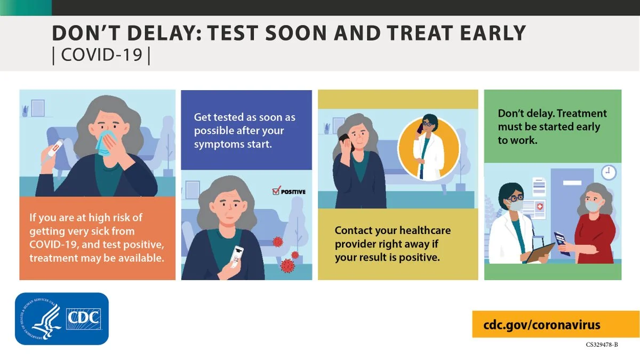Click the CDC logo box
[x=62, y=318]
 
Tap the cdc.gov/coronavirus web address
[x=542, y=325]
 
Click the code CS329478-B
[x=602, y=345]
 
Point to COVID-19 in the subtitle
[x=102, y=54]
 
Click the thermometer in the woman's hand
[x=53, y=151]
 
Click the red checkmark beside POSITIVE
[x=276, y=190]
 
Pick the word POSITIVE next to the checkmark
[x=293, y=192]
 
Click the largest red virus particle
[x=287, y=266]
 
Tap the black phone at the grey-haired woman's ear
[x=345, y=141]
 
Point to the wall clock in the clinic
[x=609, y=172]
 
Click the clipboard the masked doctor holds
[x=540, y=253]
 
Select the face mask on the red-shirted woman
[x=593, y=206]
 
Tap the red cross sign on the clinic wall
[x=539, y=206]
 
